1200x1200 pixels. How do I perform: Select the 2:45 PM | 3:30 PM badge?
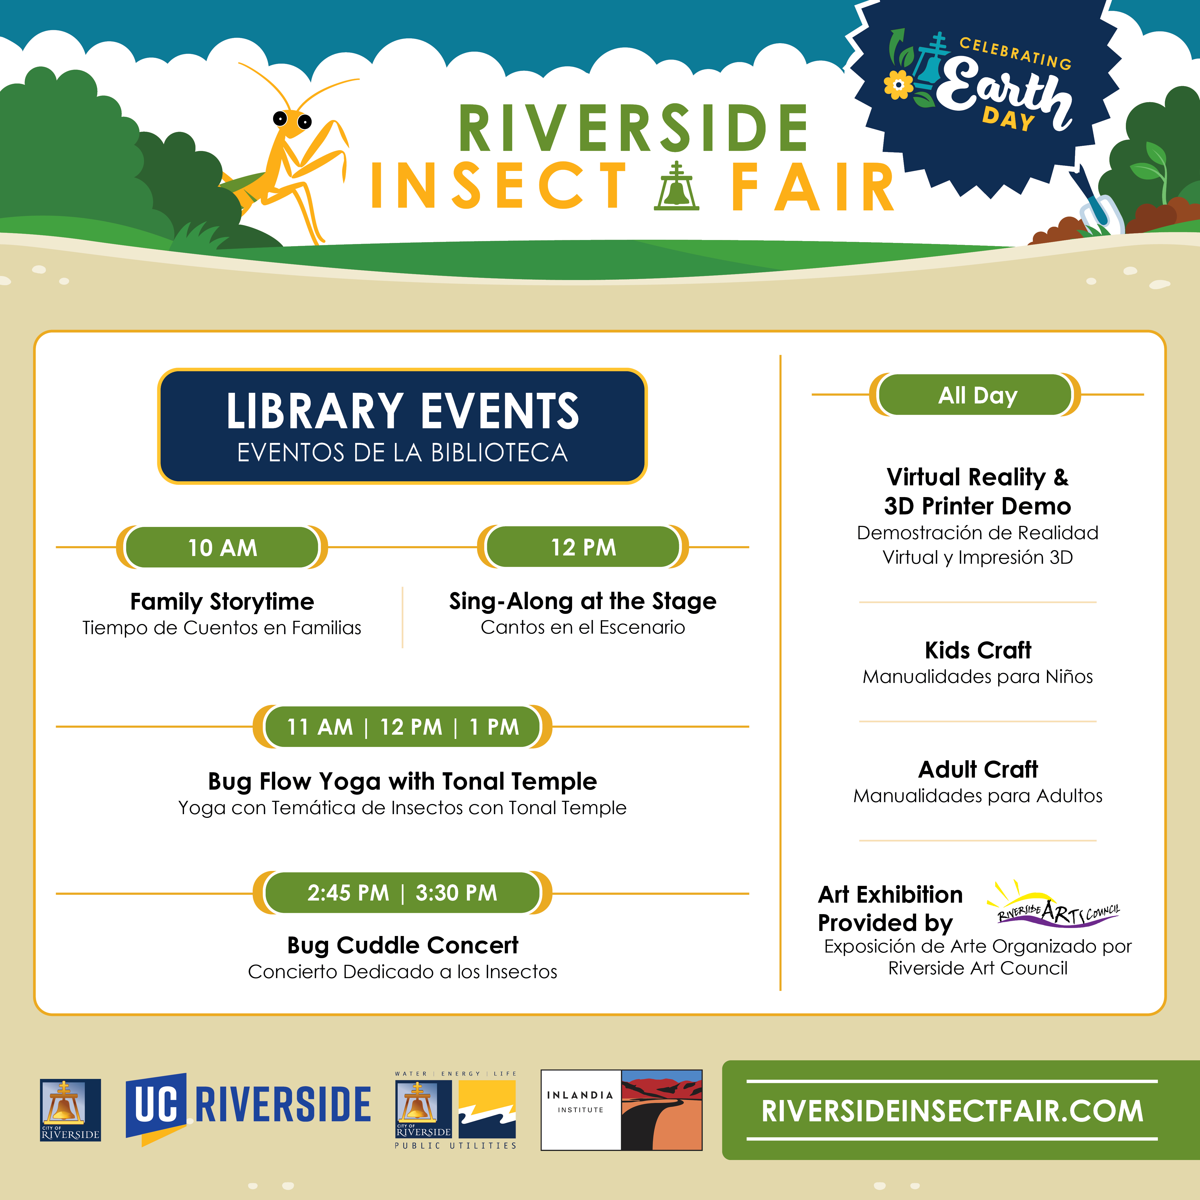(402, 893)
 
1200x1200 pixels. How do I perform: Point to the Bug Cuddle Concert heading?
(402, 945)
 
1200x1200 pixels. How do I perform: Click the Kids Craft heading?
(978, 650)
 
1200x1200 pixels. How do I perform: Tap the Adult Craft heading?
(978, 769)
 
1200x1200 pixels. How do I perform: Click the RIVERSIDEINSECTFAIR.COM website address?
(952, 1111)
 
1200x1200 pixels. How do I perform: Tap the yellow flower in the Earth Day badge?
(898, 85)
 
